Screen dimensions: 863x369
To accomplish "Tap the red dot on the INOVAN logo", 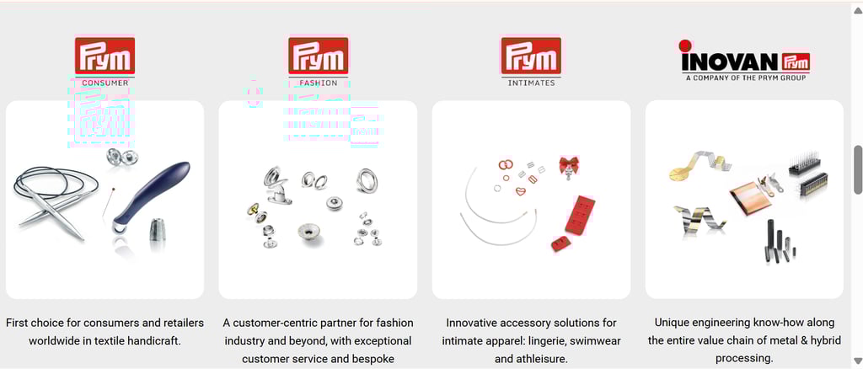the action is [x=685, y=45].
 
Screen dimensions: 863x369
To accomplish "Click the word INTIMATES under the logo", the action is [x=531, y=83].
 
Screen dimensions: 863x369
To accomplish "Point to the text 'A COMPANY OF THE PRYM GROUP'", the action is [x=746, y=78].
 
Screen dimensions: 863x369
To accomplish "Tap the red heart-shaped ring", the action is [x=521, y=191].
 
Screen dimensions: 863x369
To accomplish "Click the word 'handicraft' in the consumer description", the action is [x=155, y=341].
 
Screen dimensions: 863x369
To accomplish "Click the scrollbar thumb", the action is [x=857, y=169].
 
